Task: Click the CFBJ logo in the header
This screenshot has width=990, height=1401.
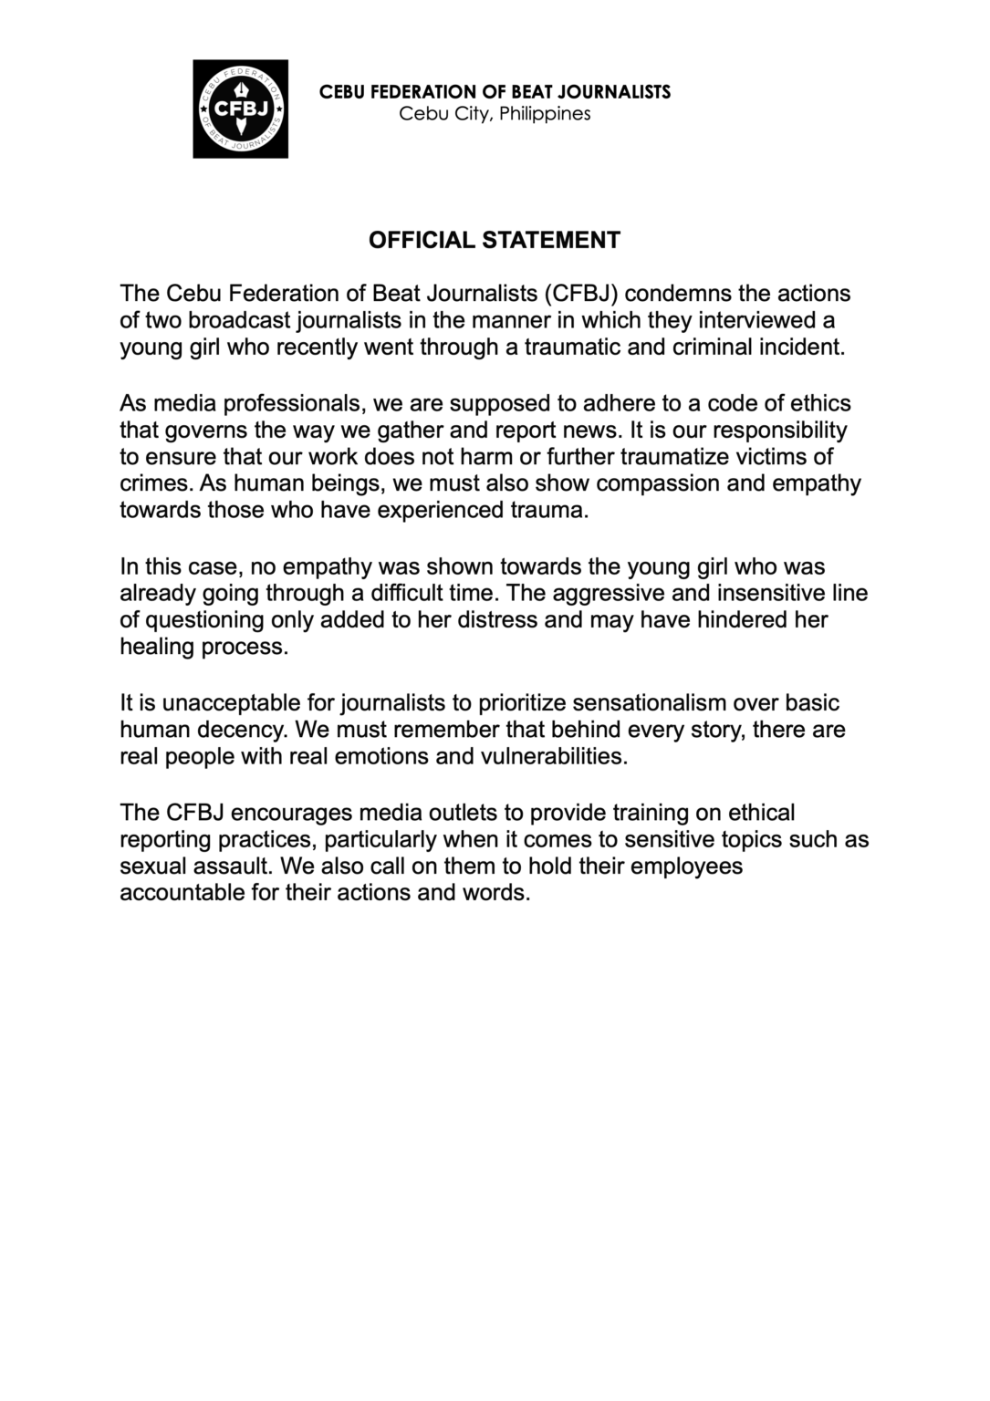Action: [x=240, y=109]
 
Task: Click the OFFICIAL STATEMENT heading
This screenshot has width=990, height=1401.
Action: [x=494, y=240]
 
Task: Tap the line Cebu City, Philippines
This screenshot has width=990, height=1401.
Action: [x=495, y=114]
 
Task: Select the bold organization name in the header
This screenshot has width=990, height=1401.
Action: [x=495, y=91]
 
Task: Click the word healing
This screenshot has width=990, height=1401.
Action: [x=155, y=647]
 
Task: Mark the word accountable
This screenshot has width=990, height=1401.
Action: [x=182, y=892]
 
